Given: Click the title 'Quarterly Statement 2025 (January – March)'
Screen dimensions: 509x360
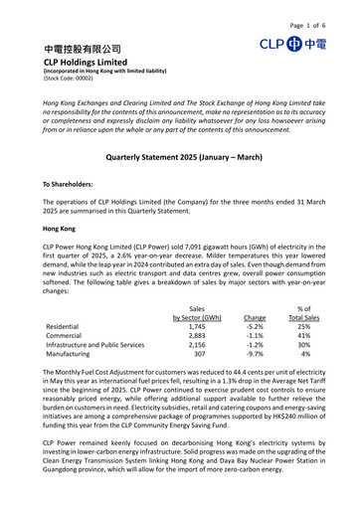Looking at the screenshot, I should pos(179,158).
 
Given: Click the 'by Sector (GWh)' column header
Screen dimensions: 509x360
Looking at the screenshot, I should pos(196,318).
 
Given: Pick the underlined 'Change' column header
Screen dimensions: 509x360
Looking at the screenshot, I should pos(255,318).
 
